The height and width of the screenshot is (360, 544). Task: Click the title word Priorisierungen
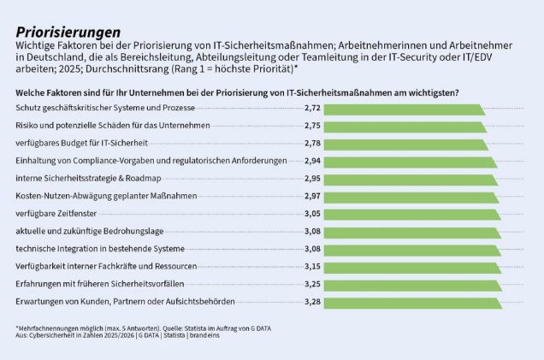(x=68, y=32)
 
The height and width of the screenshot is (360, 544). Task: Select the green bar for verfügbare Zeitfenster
(x=412, y=215)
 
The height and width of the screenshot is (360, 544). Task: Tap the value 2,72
(x=312, y=108)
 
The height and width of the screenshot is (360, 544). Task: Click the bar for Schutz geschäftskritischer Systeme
(x=405, y=109)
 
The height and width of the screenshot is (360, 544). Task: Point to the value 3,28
(x=312, y=302)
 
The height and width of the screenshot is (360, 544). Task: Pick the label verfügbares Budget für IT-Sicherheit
(x=81, y=143)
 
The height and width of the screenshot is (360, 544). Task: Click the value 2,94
(x=312, y=161)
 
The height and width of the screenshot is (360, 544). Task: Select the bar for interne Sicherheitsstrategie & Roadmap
(x=411, y=180)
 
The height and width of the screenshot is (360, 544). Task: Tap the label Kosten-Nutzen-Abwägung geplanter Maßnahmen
(x=106, y=196)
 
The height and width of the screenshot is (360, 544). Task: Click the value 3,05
(x=312, y=214)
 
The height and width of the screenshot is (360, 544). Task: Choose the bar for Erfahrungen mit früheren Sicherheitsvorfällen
(x=413, y=286)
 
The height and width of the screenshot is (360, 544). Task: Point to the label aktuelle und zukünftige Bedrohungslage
(x=90, y=232)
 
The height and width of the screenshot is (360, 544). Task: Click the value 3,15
(x=312, y=266)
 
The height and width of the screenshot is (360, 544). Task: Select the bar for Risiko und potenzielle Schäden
(x=405, y=127)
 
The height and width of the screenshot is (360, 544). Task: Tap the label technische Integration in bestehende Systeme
(x=100, y=249)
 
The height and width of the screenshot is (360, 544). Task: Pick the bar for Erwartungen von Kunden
(x=413, y=303)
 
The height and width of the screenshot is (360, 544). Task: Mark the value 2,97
(x=312, y=196)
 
